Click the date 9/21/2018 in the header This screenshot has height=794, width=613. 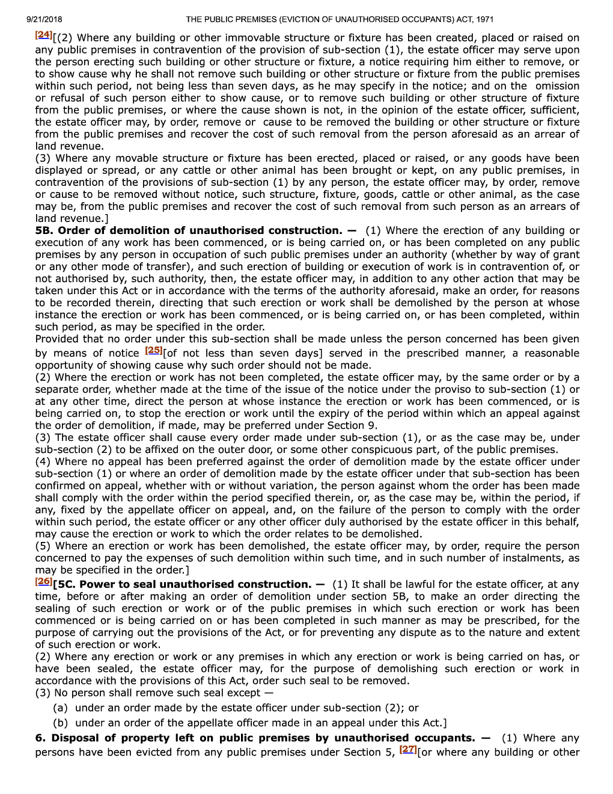(44, 19)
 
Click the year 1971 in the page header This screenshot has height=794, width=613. (484, 19)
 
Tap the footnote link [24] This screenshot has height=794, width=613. (43, 35)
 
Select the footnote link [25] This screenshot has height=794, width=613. (154, 350)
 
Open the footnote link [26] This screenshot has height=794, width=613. (43, 581)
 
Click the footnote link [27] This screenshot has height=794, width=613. (408, 749)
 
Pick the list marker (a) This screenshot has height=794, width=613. (60, 708)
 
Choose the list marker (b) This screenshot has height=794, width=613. (60, 723)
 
